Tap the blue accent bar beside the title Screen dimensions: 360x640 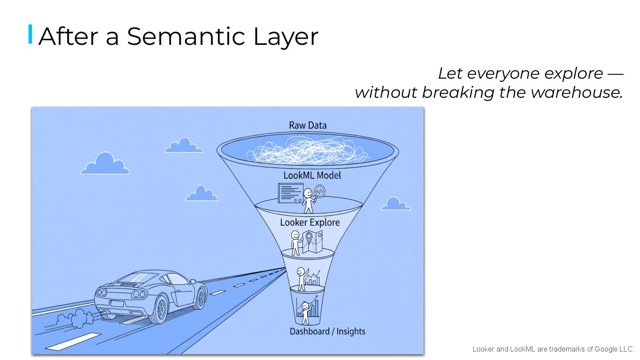coord(30,34)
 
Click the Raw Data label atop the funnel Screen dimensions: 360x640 coord(308,125)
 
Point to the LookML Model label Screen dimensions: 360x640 coord(312,175)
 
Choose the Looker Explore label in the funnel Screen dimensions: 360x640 coord(310,222)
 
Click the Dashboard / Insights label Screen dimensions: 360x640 coord(327,331)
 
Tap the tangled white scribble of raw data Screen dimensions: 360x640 coord(308,151)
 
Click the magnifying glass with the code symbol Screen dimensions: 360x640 coord(320,192)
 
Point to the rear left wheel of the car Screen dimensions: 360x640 coord(158,310)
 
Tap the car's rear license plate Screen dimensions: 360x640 coord(117,304)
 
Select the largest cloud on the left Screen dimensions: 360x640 coord(105,164)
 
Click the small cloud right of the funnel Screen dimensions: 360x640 coord(395,204)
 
